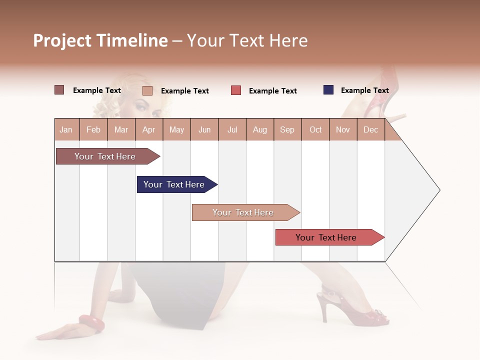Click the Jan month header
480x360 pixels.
pos(66,129)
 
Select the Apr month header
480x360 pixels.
pos(148,129)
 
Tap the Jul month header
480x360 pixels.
pos(232,129)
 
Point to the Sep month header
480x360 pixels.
pos(287,129)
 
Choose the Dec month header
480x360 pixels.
pos(370,129)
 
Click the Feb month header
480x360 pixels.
pos(93,129)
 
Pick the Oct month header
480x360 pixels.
pos(315,129)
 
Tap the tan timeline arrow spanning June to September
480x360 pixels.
pos(244,212)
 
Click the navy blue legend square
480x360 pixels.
pos(328,90)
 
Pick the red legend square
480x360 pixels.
pos(236,90)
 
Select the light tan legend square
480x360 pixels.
pos(147,90)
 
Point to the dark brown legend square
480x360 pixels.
pos(59,90)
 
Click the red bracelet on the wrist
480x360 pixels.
pos(91,323)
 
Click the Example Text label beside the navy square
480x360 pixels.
pos(364,90)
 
